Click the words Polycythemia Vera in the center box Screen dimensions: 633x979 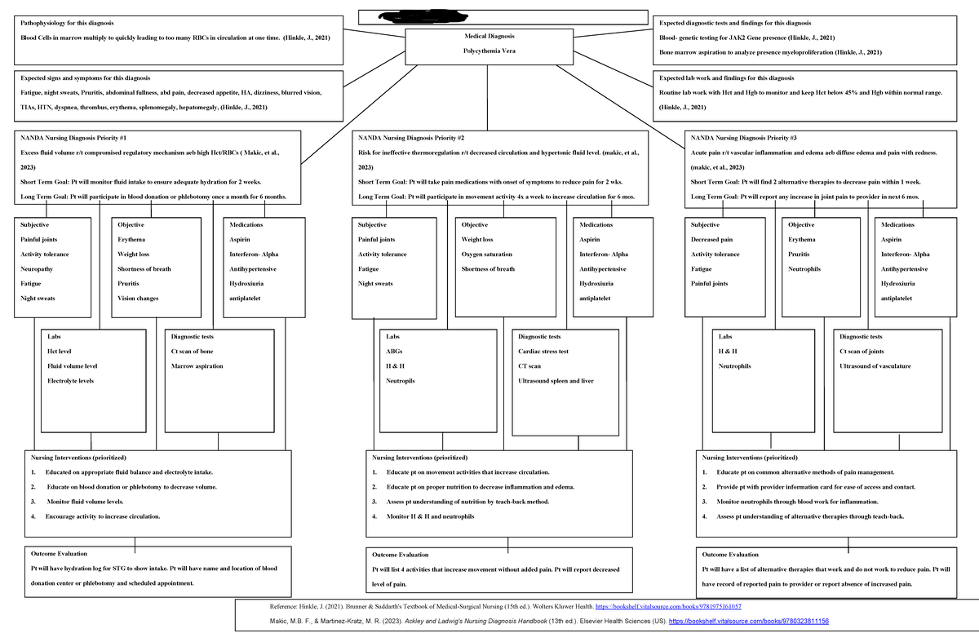489,51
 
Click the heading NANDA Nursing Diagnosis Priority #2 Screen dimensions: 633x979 411,138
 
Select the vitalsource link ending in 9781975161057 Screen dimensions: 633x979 669,608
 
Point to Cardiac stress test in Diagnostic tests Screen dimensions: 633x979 543,352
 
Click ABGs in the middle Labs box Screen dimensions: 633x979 394,352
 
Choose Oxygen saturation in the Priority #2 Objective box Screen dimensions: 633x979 487,255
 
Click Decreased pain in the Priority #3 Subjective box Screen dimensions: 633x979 711,240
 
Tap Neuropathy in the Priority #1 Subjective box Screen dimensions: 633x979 38,269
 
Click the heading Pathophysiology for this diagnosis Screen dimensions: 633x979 66,22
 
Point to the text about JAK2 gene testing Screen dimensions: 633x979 746,38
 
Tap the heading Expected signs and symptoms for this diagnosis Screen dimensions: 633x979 80,78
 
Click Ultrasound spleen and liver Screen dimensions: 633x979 556,381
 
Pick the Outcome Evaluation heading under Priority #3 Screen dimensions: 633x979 730,555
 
